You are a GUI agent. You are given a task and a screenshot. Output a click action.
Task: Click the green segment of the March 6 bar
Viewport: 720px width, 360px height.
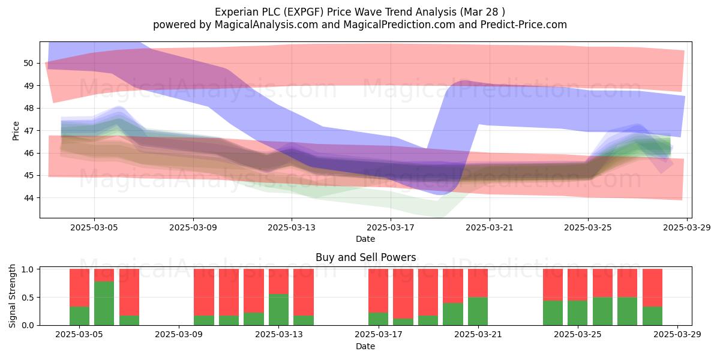[104, 303]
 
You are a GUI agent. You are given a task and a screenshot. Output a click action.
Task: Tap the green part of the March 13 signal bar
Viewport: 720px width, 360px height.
[278, 310]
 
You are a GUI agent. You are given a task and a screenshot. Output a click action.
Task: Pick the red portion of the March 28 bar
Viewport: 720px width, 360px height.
[653, 287]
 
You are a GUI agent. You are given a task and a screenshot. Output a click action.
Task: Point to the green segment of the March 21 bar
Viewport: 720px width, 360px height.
[478, 311]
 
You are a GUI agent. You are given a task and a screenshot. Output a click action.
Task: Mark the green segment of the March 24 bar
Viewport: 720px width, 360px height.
[553, 313]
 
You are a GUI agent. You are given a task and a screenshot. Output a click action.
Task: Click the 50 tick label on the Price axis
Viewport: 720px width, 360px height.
[28, 64]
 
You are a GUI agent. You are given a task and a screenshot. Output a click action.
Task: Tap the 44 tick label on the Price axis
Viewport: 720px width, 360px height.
[28, 198]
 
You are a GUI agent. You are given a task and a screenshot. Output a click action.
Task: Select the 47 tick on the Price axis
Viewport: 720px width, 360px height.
[28, 131]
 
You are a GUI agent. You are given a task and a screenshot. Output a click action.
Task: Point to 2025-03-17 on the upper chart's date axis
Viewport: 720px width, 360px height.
[391, 227]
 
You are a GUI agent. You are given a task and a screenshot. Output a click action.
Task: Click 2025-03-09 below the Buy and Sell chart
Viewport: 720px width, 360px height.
[179, 335]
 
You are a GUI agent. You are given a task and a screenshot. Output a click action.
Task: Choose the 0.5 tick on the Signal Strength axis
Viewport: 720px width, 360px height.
[28, 298]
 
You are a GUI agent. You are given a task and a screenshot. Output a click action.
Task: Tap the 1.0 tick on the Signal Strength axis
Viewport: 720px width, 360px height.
[28, 269]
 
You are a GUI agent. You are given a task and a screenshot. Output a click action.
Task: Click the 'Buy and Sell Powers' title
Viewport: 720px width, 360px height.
[366, 257]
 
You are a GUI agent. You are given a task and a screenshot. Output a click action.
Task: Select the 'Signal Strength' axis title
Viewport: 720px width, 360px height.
[12, 296]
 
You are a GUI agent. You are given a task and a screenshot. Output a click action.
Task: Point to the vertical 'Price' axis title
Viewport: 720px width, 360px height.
[16, 131]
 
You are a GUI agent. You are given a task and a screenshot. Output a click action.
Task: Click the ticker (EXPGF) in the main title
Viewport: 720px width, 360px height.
[304, 12]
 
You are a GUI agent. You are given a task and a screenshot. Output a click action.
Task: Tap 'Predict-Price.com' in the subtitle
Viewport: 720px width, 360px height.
[524, 25]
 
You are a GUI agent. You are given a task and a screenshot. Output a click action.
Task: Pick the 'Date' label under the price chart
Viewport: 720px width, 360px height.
[365, 239]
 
